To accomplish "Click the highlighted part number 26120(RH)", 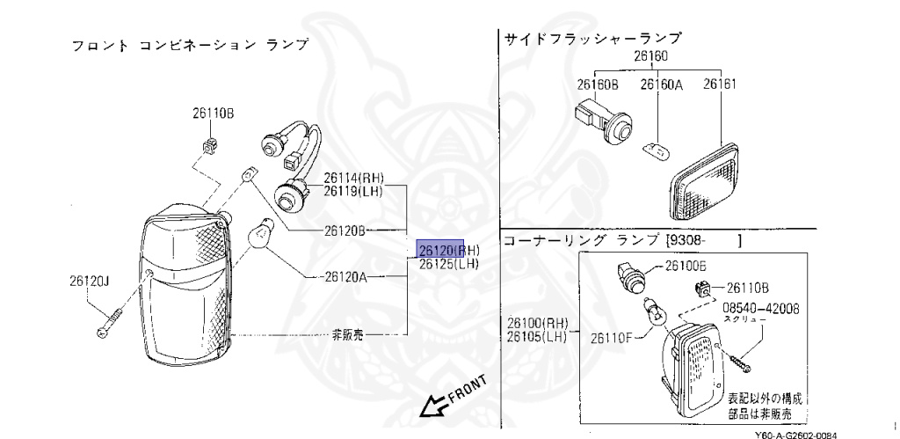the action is tap(448, 249).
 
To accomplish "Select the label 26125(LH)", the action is tap(448, 263).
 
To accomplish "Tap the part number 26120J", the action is tap(90, 283).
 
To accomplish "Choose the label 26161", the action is tap(720, 85).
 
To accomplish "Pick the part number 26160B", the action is tap(598, 85).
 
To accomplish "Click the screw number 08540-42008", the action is tap(761, 309).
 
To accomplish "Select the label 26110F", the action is tap(613, 338).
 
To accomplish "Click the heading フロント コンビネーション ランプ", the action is tap(189, 45).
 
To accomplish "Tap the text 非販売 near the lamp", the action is tap(347, 334).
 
